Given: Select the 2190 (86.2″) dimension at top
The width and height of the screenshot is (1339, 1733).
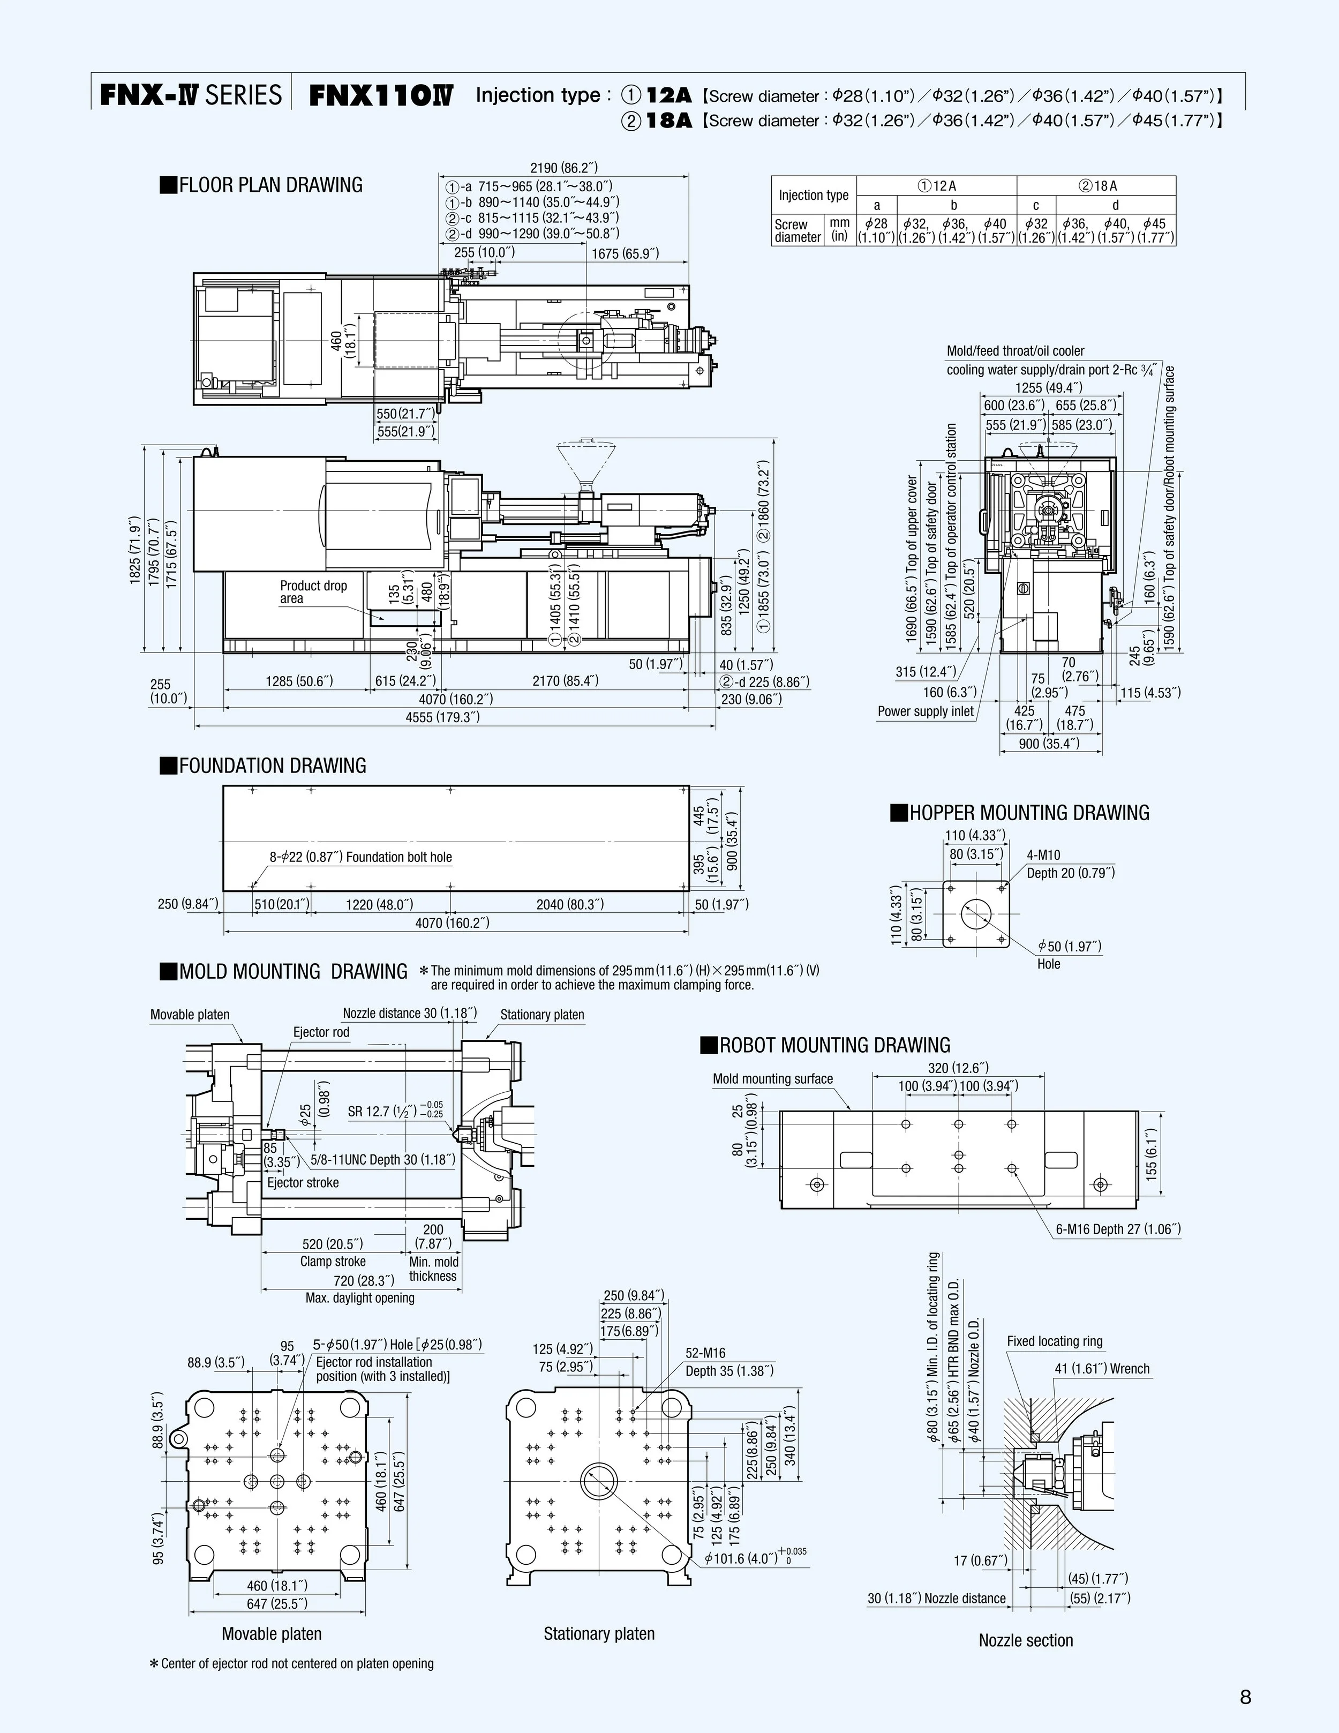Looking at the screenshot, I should [563, 168].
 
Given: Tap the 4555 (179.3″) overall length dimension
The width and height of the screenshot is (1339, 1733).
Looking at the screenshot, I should [442, 717].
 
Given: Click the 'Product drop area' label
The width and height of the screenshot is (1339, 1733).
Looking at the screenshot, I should [313, 592].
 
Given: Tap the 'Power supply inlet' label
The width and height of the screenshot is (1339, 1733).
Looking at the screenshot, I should [925, 712].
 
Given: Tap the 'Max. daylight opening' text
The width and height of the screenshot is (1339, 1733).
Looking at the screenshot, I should [359, 1298].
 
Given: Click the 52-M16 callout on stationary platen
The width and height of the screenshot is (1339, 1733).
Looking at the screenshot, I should [705, 1353].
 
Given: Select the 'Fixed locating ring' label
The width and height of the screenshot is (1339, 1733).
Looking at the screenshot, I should [1054, 1341].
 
